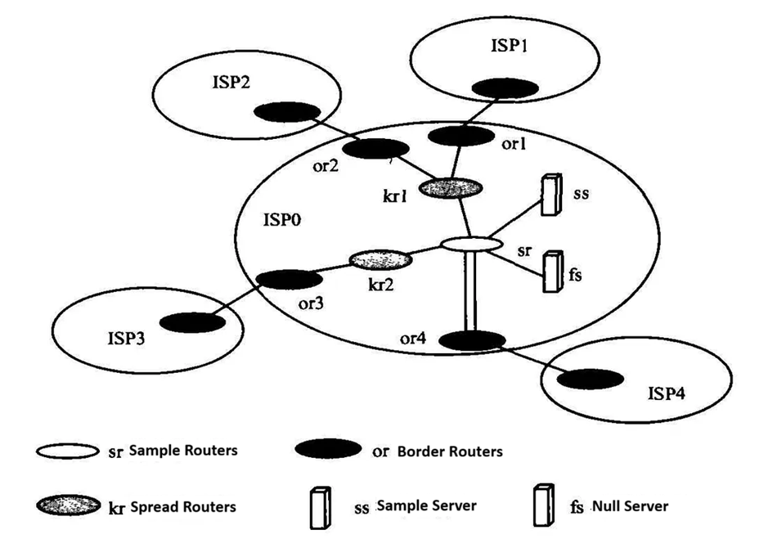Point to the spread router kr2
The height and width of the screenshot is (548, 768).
[380, 260]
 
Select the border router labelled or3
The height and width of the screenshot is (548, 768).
[285, 278]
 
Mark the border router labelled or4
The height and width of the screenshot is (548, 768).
[471, 339]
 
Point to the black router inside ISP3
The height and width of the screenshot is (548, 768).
[193, 322]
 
